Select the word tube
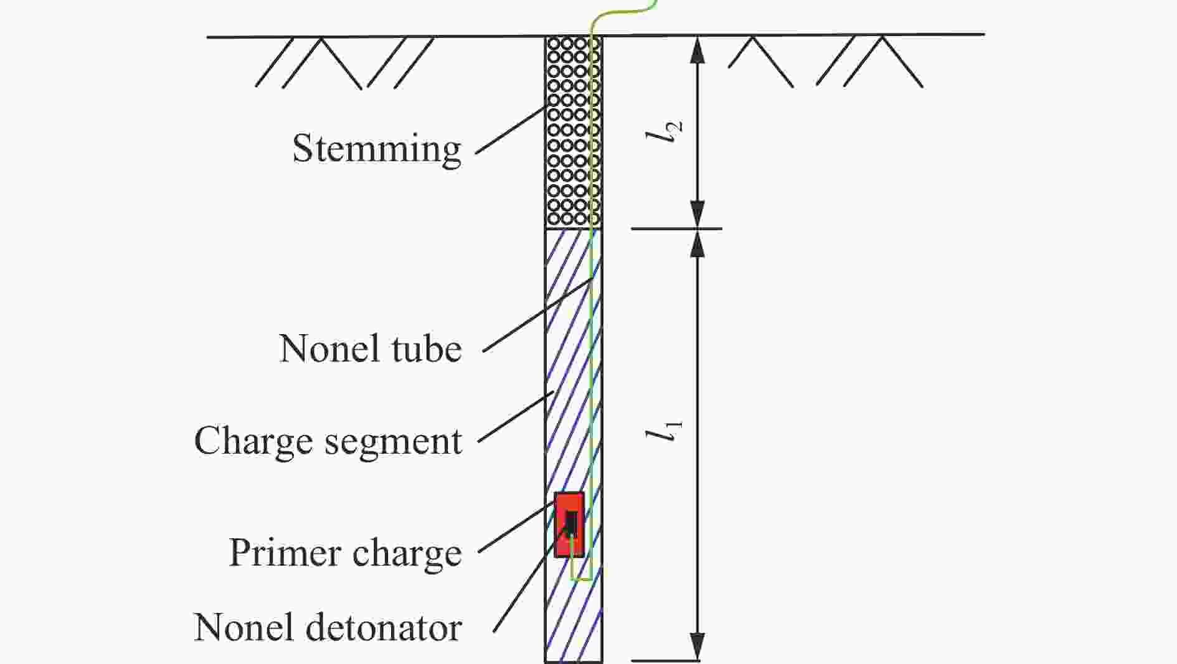[427, 348]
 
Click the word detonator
[383, 627]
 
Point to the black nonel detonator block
[571, 523]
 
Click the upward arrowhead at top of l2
[698, 49]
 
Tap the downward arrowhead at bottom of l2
[698, 215]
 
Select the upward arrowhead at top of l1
[698, 243]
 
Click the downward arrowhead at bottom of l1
[698, 647]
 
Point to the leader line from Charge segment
[516, 417]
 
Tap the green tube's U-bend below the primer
[581, 579]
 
